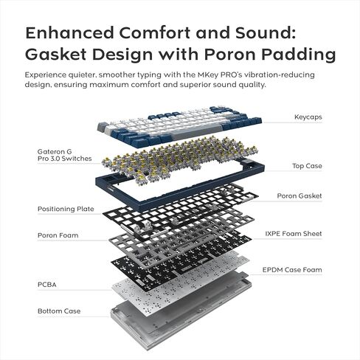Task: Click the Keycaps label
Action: click(308, 117)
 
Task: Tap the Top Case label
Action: click(307, 166)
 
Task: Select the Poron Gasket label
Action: click(300, 195)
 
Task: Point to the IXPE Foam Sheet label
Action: click(294, 234)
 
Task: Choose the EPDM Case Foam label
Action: click(292, 270)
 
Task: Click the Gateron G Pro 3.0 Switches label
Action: click(64, 155)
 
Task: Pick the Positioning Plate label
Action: click(66, 209)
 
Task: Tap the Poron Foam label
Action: click(58, 235)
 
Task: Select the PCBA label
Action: click(47, 285)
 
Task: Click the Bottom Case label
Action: click(59, 311)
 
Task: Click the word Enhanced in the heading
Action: click(70, 32)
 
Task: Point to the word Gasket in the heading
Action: click(55, 55)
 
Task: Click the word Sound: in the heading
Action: click(266, 32)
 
